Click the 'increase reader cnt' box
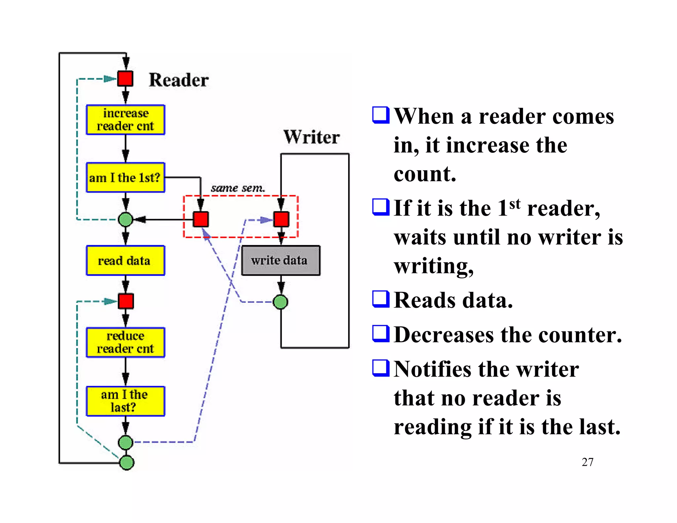click(125, 120)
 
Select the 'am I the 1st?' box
click(125, 178)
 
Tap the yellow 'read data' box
click(125, 261)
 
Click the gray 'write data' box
click(281, 261)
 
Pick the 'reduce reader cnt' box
click(125, 342)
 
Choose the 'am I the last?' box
click(125, 401)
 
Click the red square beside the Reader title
click(125, 79)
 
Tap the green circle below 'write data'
click(281, 302)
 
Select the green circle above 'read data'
click(125, 220)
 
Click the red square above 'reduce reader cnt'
click(126, 301)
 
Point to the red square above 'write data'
click(281, 220)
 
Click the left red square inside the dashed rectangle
click(201, 220)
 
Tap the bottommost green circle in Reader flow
click(126, 463)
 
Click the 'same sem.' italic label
click(238, 188)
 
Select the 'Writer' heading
click(311, 137)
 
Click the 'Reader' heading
click(179, 80)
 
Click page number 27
click(587, 462)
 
